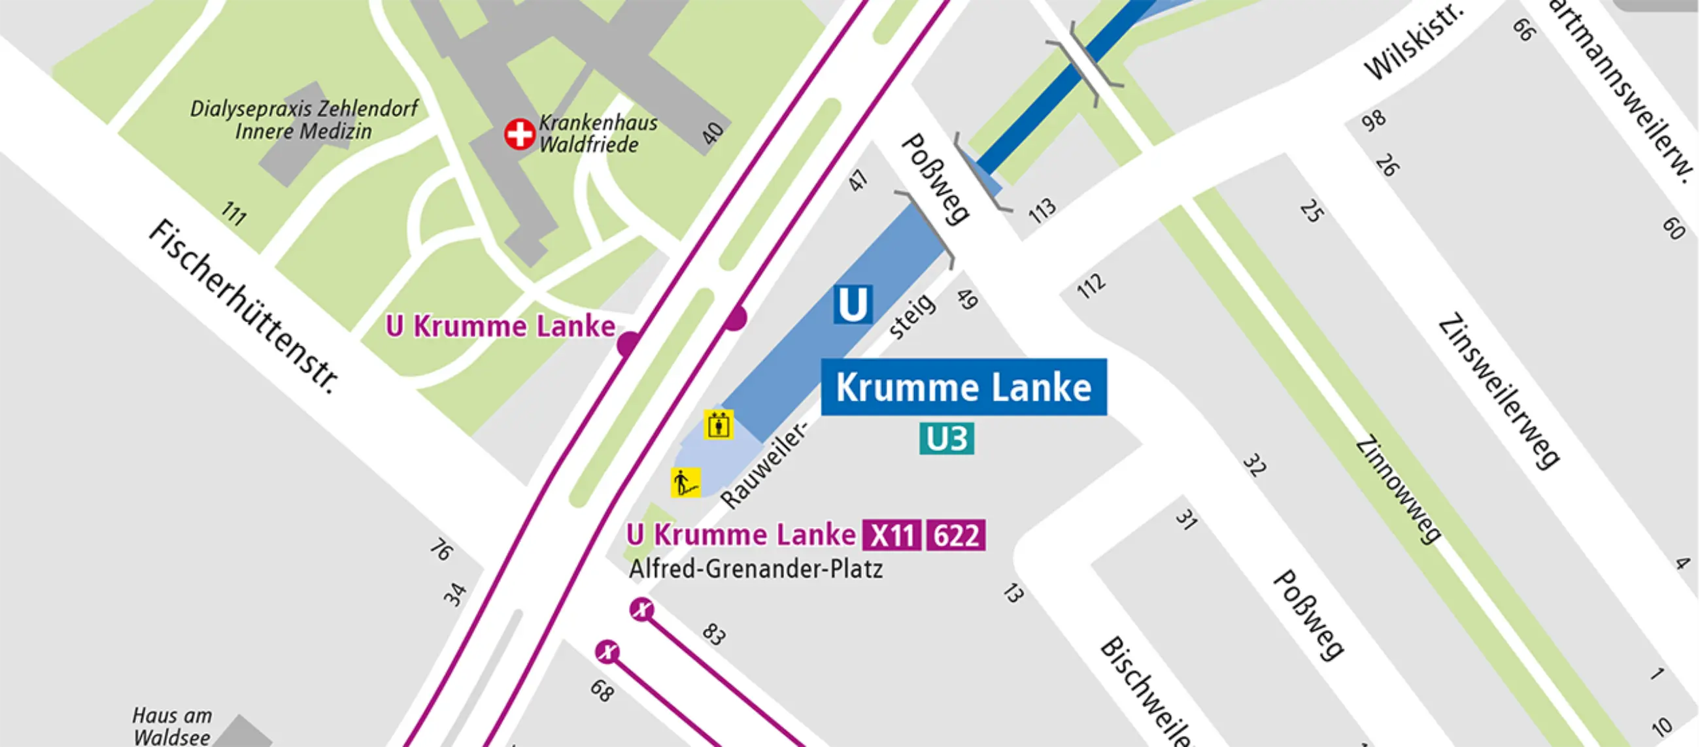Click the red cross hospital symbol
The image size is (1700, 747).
click(x=519, y=134)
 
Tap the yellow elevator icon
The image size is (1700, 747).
click(x=718, y=424)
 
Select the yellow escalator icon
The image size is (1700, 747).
click(x=686, y=482)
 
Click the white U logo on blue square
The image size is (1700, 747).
click(x=853, y=304)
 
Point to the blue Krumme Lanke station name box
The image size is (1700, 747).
click(x=964, y=388)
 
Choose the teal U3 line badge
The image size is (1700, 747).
click(x=946, y=439)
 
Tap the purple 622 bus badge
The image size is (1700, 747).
click(x=956, y=535)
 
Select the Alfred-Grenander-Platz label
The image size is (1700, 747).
click(x=756, y=569)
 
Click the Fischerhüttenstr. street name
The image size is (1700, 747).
click(x=243, y=307)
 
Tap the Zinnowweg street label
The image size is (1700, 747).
click(x=1397, y=489)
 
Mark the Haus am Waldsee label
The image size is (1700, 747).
click(x=171, y=725)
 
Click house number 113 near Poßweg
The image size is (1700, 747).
click(x=1042, y=210)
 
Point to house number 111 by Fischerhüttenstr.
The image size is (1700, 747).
click(x=233, y=213)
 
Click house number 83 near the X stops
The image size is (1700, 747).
click(x=714, y=633)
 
